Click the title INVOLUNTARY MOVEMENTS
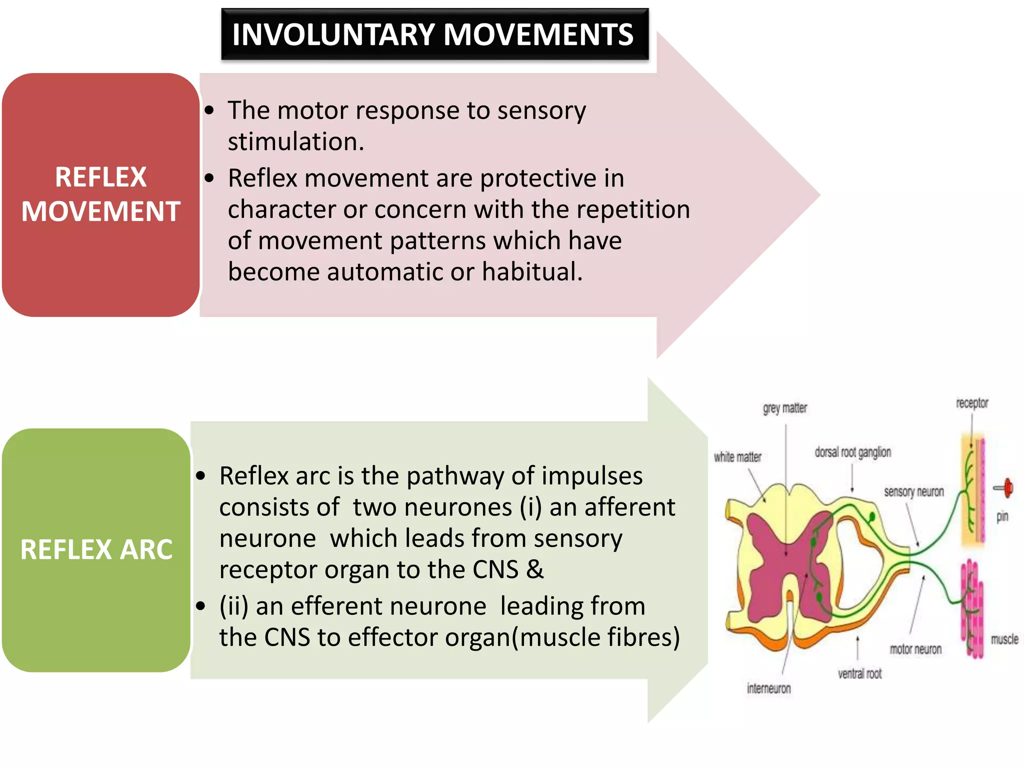click(433, 34)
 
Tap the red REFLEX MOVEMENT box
click(100, 194)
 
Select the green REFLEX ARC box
click(96, 549)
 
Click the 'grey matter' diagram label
click(784, 408)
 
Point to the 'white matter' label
click(737, 457)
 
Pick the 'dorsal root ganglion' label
click(852, 452)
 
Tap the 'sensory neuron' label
click(913, 492)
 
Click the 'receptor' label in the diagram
click(972, 403)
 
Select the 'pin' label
click(1002, 516)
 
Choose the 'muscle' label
click(1004, 639)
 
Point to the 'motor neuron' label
click(915, 649)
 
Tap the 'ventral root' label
click(859, 673)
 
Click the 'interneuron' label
click(769, 688)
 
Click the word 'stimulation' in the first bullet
click(295, 142)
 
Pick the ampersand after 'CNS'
click(534, 569)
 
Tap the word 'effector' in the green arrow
click(392, 637)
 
